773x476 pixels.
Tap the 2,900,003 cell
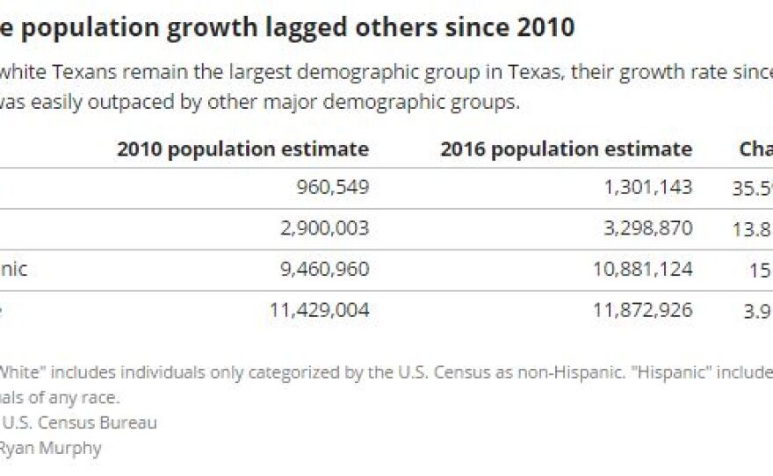pos(328,228)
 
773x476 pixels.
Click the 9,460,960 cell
pos(328,269)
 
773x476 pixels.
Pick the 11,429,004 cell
pos(323,310)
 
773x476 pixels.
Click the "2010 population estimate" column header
pos(242,148)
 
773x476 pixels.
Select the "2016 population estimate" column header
pos(566,148)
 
